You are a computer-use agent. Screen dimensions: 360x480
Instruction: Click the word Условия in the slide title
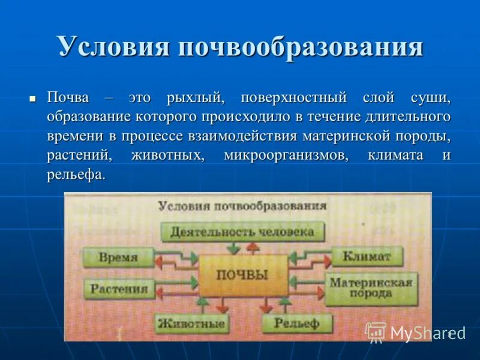click(x=113, y=47)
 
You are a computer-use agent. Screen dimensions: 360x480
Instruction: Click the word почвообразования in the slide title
click(x=299, y=47)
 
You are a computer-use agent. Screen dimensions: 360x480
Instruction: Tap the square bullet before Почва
click(x=34, y=97)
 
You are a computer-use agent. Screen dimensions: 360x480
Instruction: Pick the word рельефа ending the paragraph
click(x=76, y=175)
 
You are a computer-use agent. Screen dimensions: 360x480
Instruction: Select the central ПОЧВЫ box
click(x=242, y=275)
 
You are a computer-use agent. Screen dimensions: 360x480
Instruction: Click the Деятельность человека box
click(x=241, y=232)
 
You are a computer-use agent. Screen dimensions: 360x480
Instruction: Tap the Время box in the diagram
click(x=118, y=258)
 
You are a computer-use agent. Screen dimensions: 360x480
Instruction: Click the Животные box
click(x=191, y=324)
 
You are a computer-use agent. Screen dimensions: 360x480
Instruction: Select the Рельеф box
click(x=296, y=324)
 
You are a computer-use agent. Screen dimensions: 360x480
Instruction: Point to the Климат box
click(x=367, y=257)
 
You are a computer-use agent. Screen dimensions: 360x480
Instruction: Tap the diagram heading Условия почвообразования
click(x=242, y=206)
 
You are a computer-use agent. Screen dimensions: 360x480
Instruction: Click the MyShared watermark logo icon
click(x=376, y=331)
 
